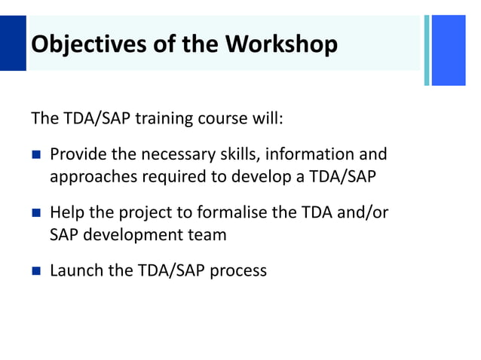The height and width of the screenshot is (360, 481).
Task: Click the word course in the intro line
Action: pos(223,119)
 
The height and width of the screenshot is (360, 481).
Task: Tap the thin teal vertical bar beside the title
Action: pos(427,50)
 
